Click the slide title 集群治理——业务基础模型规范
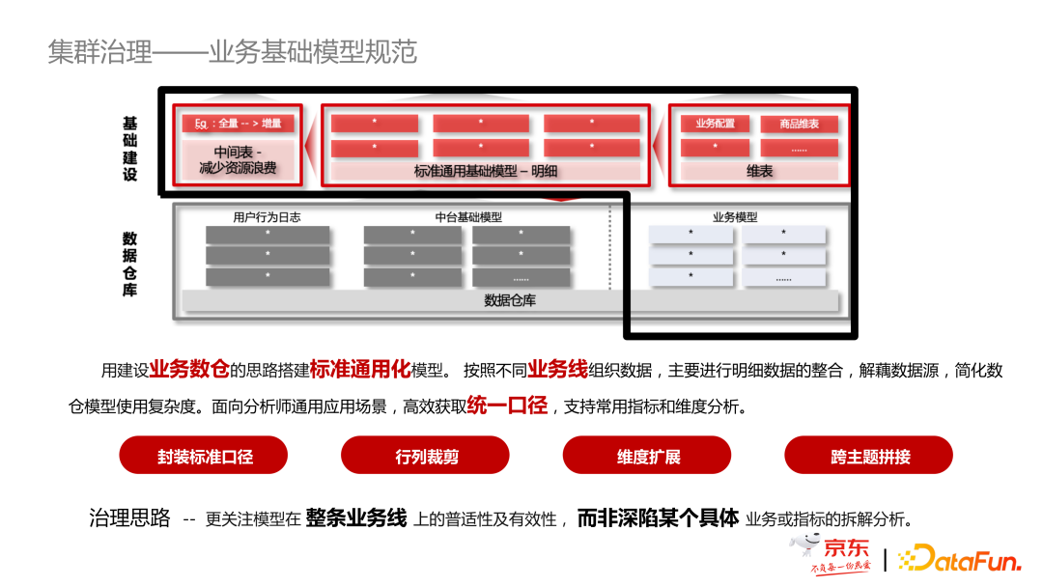232,51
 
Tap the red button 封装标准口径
205,456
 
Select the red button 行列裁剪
426,456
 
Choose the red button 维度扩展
648,456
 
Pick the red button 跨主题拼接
869,456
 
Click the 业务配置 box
715,124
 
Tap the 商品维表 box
799,124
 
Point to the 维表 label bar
759,171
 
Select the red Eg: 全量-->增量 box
238,124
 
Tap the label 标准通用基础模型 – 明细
486,171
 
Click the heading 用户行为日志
267,217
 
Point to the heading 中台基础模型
468,217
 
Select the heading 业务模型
735,217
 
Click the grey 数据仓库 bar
510,300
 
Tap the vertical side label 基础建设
129,150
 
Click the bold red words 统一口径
507,405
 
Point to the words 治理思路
129,518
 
